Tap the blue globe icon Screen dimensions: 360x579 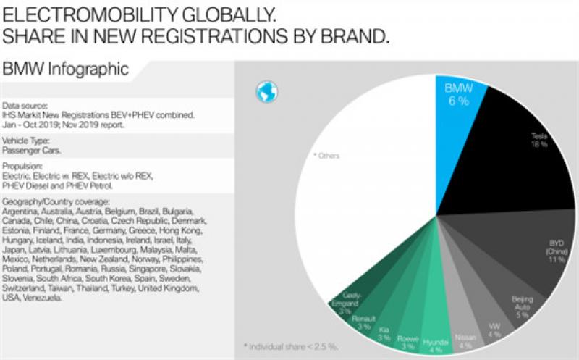(267, 91)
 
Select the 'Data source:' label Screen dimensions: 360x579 (26, 106)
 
